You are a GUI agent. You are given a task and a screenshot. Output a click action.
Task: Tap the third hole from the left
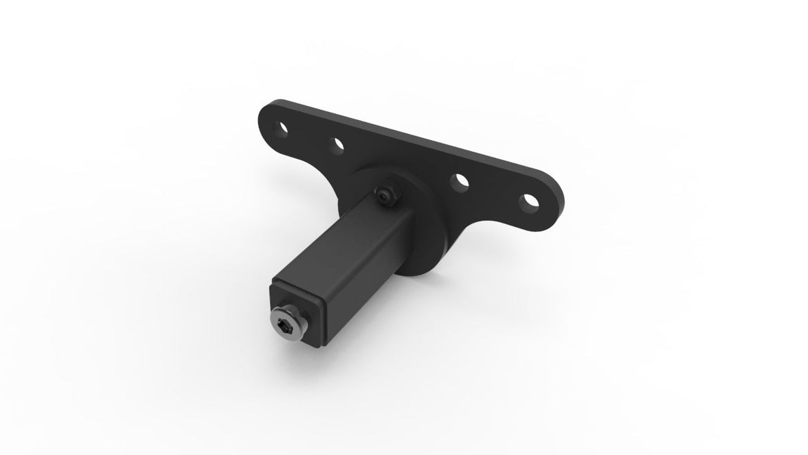[459, 181]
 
